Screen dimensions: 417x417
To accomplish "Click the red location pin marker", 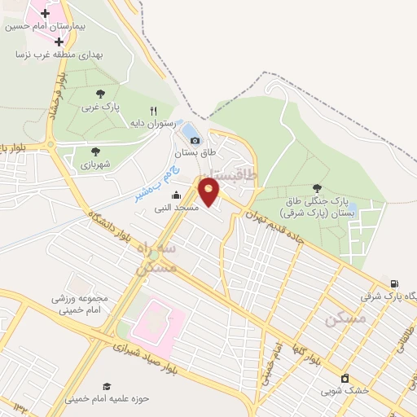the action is pyautogui.click(x=209, y=191).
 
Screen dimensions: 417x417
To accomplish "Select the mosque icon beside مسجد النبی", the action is pyautogui.click(x=177, y=195).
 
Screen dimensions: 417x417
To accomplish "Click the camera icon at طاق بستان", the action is pyautogui.click(x=195, y=140).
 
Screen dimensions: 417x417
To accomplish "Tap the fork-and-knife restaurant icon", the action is pyautogui.click(x=152, y=111).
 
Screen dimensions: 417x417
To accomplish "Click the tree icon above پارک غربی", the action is pyautogui.click(x=100, y=94).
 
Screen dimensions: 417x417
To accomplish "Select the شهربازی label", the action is pyautogui.click(x=96, y=164).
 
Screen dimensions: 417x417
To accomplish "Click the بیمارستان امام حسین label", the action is pyautogui.click(x=45, y=26).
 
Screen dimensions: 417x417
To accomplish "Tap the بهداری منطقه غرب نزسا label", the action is pyautogui.click(x=55, y=55).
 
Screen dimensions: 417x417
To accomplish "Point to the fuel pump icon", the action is pyautogui.click(x=395, y=283).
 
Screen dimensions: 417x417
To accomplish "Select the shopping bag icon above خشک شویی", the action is pyautogui.click(x=345, y=377).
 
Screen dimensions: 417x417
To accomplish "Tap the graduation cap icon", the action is pyautogui.click(x=107, y=386).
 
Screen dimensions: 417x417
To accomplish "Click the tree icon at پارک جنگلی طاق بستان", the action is pyautogui.click(x=317, y=188).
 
